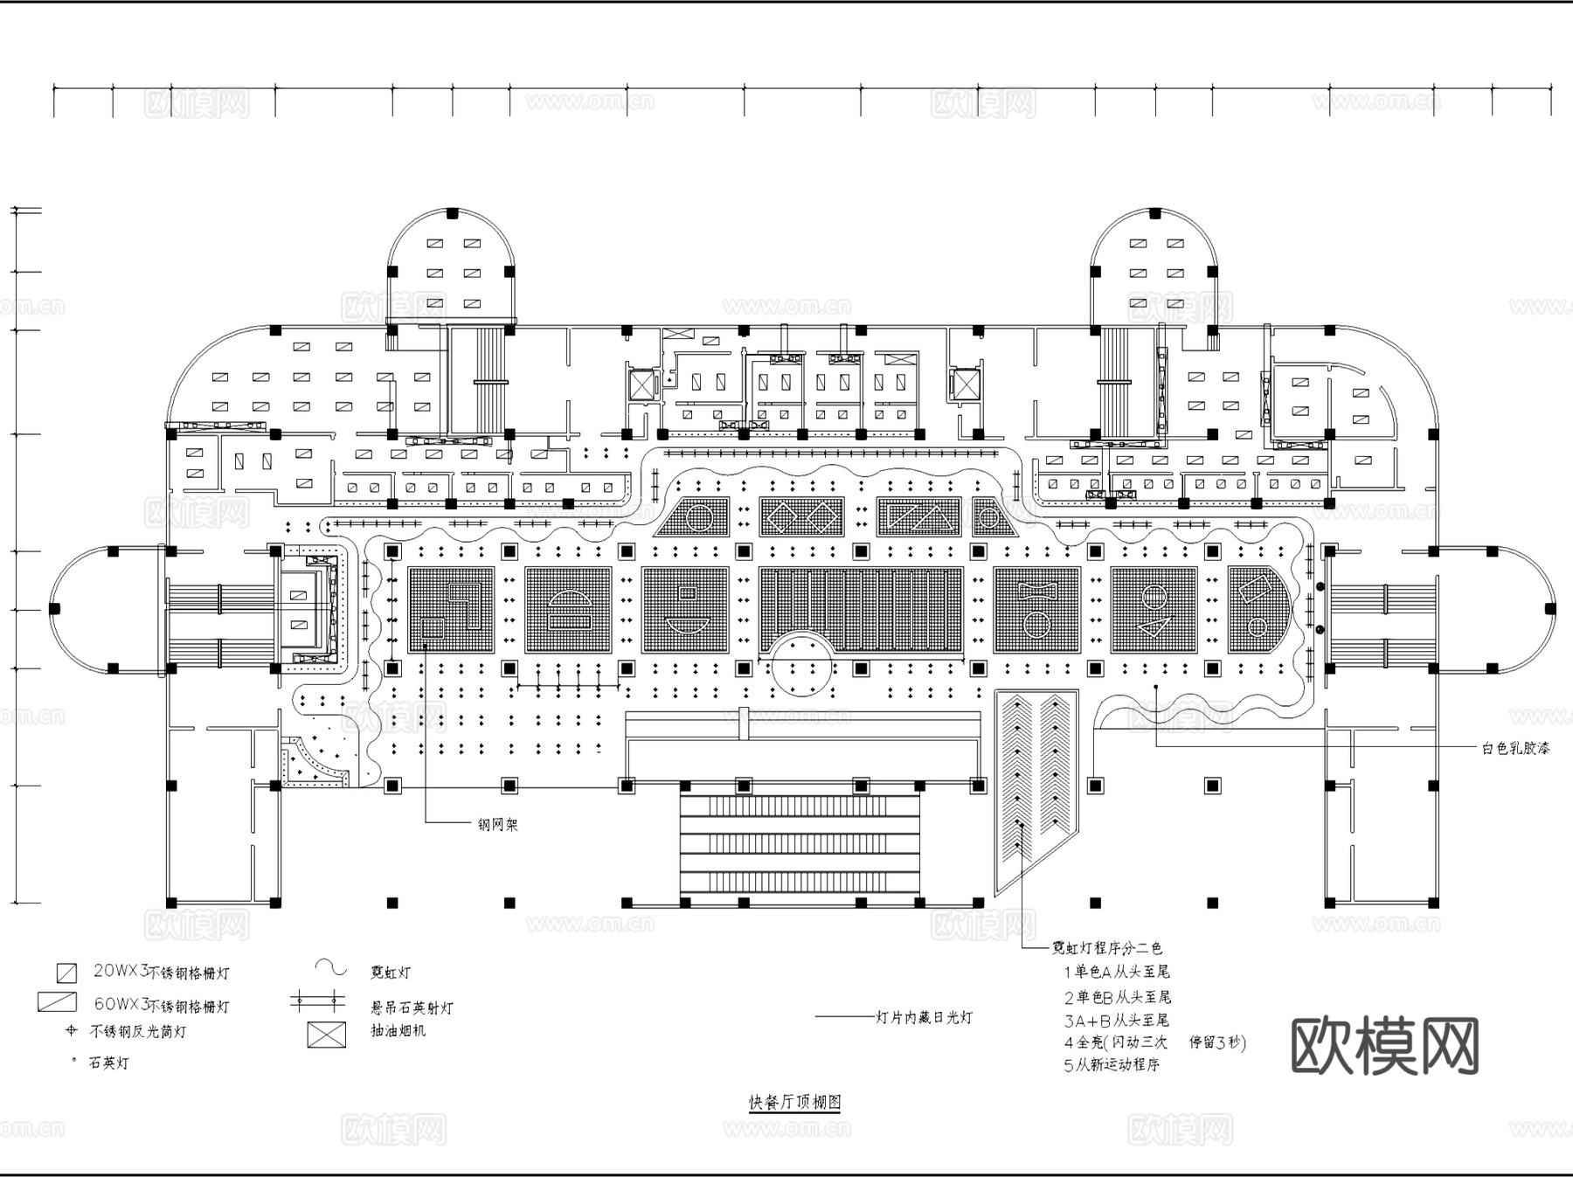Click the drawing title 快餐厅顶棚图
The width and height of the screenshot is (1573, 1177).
point(794,1102)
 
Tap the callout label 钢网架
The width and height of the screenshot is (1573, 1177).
point(497,824)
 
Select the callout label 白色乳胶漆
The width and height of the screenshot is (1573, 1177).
point(1515,749)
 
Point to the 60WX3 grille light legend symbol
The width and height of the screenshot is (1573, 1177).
point(57,1002)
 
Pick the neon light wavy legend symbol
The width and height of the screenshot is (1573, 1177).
point(332,967)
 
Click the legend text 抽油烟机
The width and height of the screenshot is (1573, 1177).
point(398,1030)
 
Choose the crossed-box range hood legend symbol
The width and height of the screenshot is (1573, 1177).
point(326,1035)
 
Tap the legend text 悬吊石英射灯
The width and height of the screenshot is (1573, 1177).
point(412,1007)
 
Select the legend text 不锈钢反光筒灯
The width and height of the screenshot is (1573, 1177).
point(137,1032)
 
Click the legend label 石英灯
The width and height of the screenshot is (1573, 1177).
point(108,1063)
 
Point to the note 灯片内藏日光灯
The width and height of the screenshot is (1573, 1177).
point(924,1017)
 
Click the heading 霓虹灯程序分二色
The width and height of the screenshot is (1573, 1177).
point(1106,948)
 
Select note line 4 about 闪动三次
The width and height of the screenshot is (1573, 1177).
point(1154,1042)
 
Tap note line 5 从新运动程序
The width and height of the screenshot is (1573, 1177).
point(1112,1065)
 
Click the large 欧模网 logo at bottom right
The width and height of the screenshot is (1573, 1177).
point(1384,1046)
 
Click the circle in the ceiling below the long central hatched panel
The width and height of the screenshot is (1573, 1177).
point(801,665)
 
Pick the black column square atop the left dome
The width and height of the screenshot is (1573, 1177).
point(452,213)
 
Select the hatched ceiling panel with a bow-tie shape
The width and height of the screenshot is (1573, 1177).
point(1037,609)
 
